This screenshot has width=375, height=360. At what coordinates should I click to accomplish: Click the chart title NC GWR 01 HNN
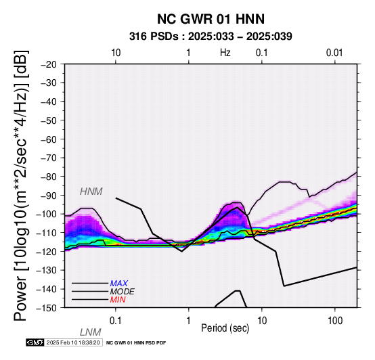211,19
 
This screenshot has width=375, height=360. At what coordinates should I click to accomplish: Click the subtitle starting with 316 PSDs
211,37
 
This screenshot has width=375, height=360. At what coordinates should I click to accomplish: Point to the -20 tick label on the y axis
49,64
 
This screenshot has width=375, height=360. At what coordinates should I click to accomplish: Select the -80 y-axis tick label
49,177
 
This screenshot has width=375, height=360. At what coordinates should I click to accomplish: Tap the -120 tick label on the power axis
47,251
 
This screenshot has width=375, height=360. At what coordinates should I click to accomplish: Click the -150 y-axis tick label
47,308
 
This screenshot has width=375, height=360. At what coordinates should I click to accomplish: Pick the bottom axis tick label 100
335,321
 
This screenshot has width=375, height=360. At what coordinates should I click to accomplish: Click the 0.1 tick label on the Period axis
116,321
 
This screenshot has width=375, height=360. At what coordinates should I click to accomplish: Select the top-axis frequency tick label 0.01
334,53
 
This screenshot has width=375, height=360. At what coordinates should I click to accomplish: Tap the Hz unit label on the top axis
225,53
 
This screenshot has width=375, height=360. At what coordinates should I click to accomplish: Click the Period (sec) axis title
225,328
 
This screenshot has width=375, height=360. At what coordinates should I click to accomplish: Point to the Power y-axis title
21,186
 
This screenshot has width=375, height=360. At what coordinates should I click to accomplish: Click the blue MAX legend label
119,284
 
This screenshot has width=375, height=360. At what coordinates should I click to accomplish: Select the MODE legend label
123,292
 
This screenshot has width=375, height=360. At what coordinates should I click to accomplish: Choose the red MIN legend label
118,300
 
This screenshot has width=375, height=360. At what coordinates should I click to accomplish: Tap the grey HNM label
91,192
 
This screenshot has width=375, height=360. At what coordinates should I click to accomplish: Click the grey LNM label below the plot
91,332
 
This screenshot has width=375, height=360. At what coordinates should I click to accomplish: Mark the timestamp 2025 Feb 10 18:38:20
73,342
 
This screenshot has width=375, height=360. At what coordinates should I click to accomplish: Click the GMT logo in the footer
35,342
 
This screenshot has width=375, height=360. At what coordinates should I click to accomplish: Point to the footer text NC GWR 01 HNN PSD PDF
136,343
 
